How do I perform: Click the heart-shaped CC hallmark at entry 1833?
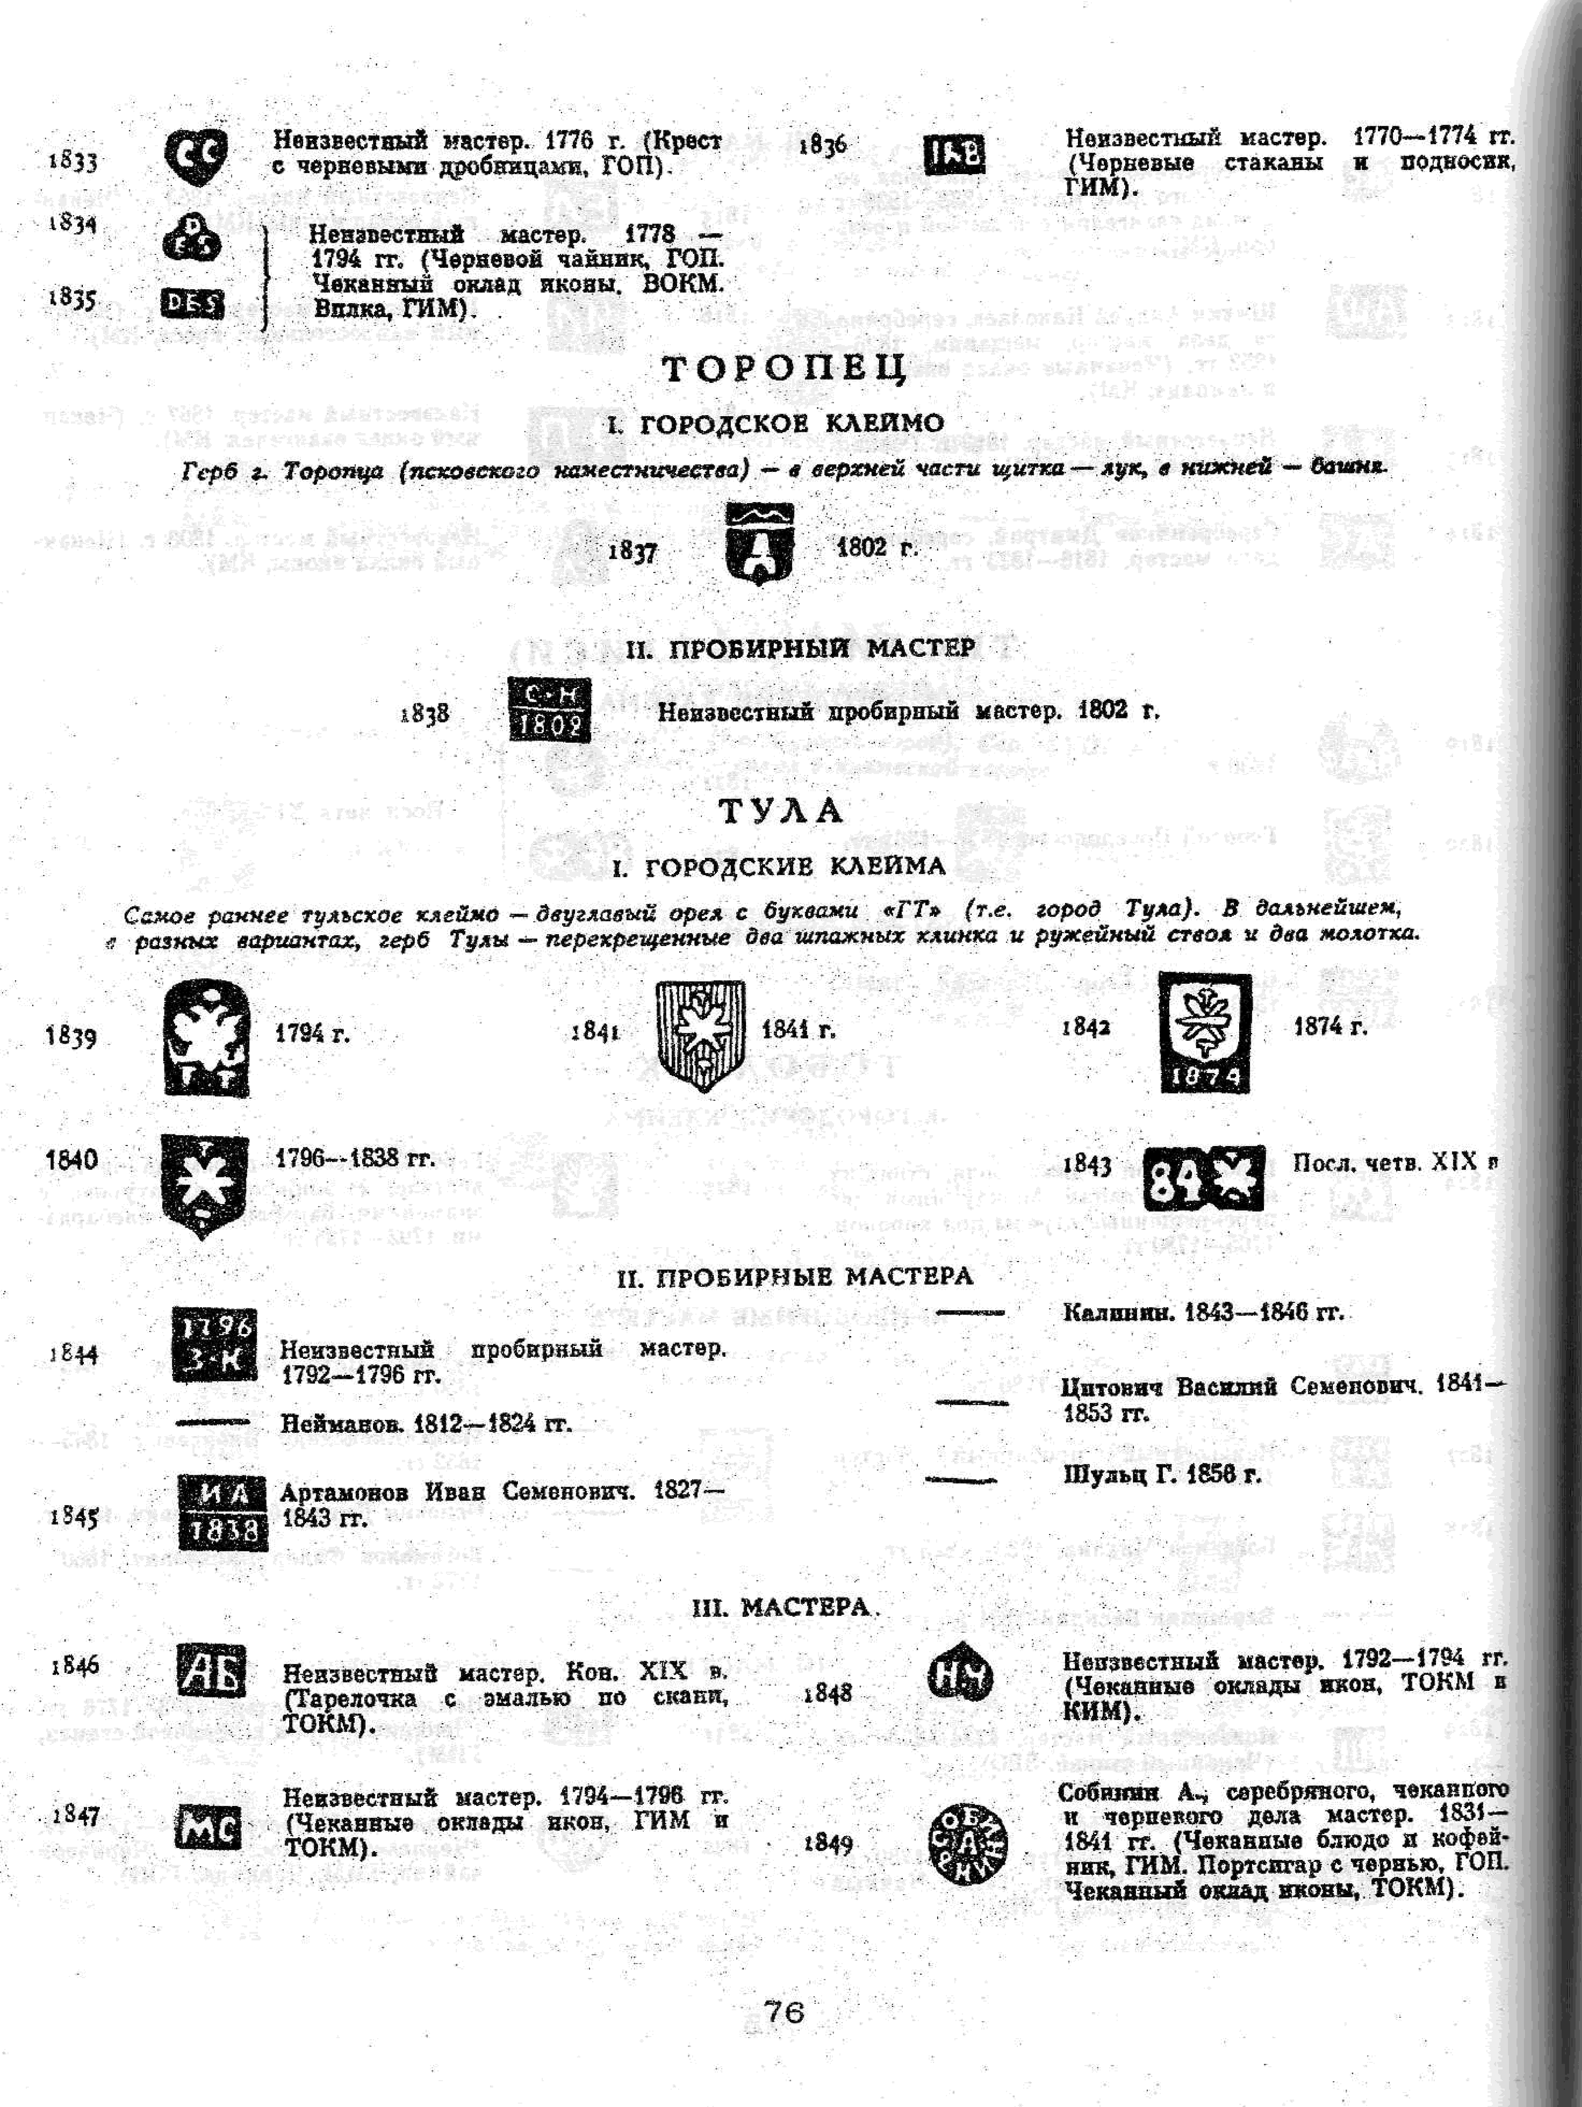click(x=195, y=155)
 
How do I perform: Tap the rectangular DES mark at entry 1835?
click(x=192, y=303)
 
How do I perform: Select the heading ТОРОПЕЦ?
click(x=784, y=369)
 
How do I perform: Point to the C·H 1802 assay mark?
click(x=549, y=710)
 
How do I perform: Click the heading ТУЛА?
click(x=781, y=811)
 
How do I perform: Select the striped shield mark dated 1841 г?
click(x=701, y=1035)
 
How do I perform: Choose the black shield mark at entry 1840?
click(x=204, y=1184)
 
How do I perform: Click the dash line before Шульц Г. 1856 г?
click(x=961, y=1480)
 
